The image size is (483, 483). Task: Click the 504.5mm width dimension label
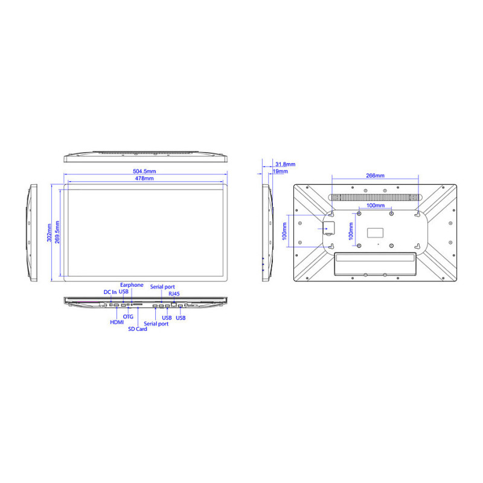tap(144, 171)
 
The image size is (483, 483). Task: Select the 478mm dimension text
tap(144, 178)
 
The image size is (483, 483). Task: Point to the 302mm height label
tap(50, 232)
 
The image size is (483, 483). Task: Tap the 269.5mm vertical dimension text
tap(57, 232)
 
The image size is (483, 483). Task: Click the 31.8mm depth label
tap(285, 164)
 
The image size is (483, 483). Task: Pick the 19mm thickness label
tap(280, 171)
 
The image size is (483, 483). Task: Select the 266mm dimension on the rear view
tap(375, 176)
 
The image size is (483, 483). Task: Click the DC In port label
tap(110, 292)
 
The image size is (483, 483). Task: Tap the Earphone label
tap(132, 285)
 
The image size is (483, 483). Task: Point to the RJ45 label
tap(174, 294)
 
